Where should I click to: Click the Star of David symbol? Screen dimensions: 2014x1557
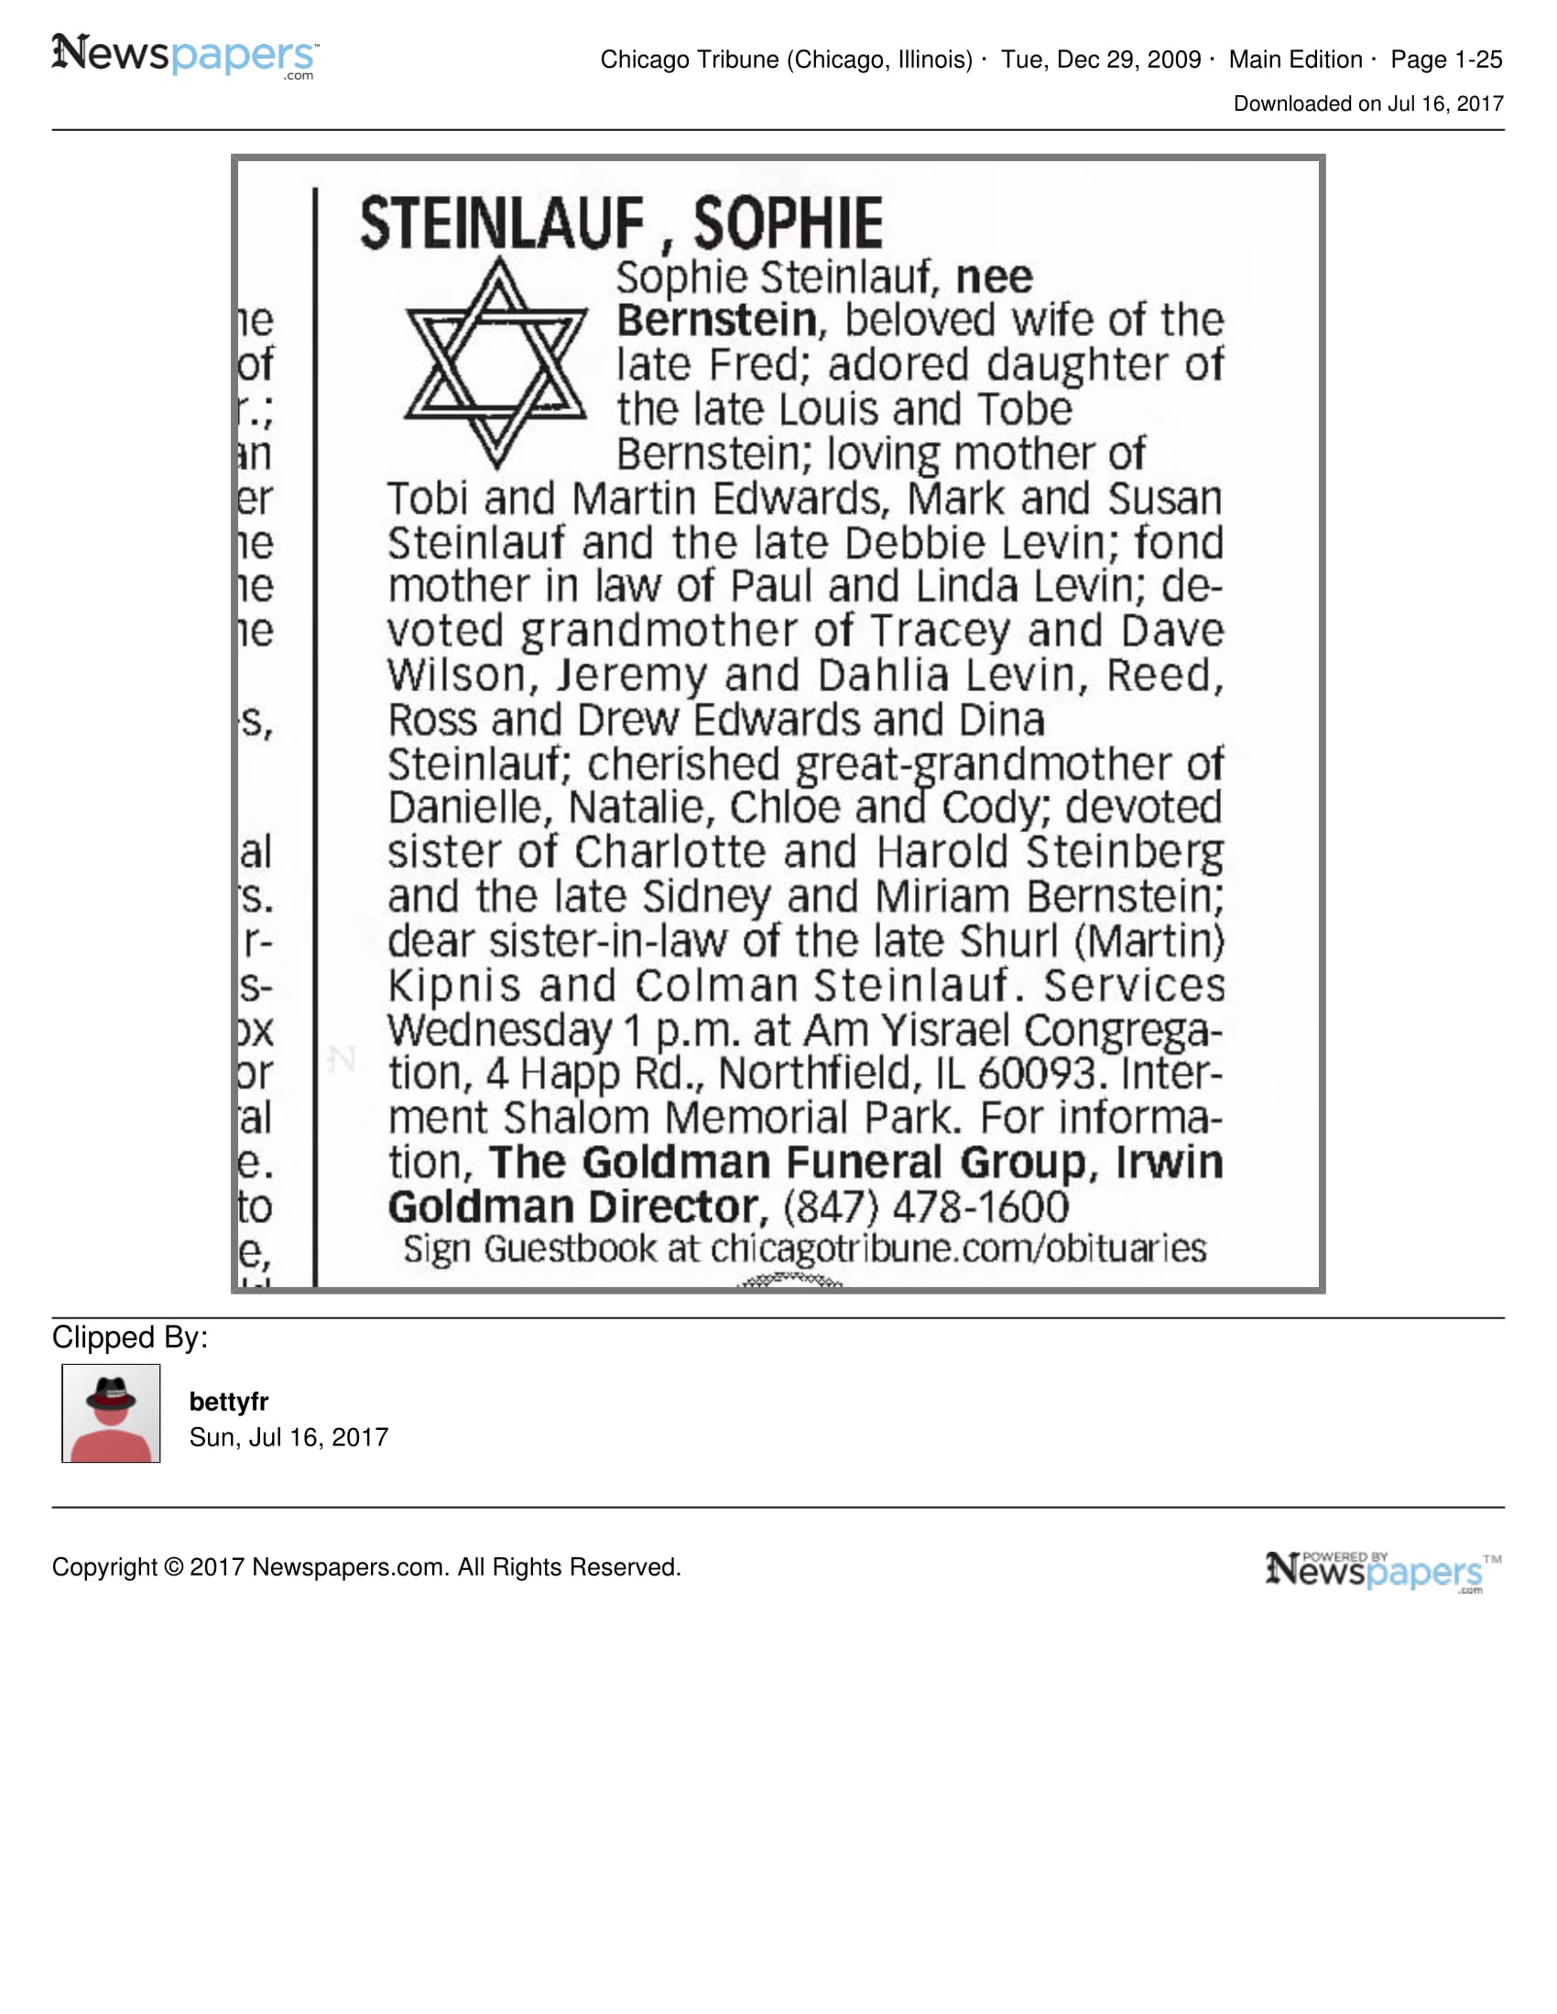495,363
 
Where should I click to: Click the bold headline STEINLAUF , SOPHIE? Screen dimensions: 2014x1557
621,224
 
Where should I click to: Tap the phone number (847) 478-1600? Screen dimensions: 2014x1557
925,1207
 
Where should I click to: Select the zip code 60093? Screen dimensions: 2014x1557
1037,1074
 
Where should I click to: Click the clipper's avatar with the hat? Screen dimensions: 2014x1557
111,1413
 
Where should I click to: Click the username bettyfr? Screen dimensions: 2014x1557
228,1402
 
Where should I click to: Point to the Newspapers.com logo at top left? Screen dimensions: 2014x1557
184,55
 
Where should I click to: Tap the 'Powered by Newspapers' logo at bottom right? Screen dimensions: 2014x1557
1383,1570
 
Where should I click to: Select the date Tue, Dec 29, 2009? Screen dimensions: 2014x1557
1100,60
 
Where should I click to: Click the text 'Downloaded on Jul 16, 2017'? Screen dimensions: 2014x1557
1368,103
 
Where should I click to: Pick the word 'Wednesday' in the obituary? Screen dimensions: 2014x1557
499,1030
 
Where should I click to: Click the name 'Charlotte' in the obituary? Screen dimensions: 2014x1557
670,852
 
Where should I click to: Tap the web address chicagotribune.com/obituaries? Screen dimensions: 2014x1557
957,1249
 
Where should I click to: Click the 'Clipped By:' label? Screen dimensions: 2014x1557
130,1337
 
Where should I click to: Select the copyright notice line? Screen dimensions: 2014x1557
366,1566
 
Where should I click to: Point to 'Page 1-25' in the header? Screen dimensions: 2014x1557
1446,60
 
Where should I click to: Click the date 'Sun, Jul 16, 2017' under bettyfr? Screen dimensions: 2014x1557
289,1436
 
